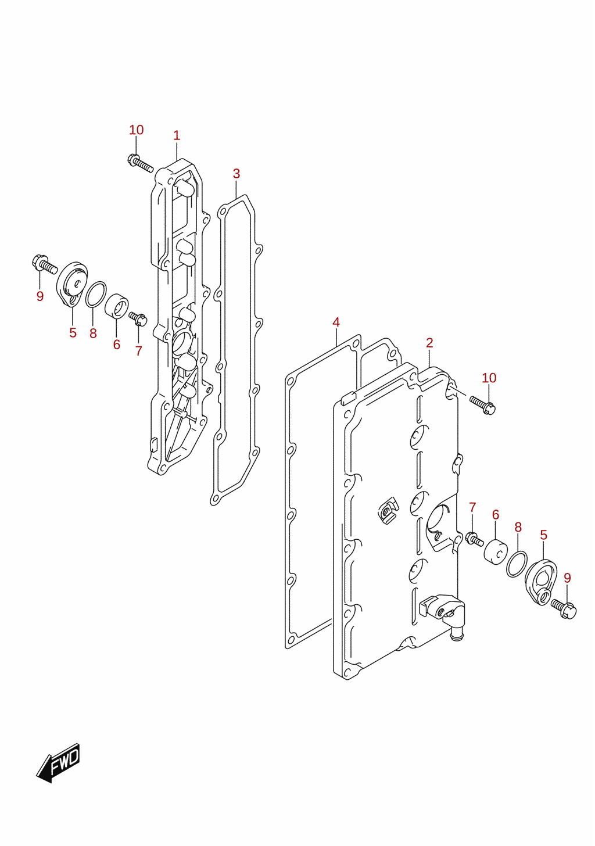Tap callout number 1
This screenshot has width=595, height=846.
click(177, 135)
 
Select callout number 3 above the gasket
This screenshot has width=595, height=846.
click(236, 174)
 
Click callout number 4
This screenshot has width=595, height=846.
click(336, 322)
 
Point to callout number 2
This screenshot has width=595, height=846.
click(429, 343)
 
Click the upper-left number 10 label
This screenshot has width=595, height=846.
click(137, 130)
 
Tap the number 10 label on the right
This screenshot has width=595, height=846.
click(489, 378)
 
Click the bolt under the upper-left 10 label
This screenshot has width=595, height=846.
click(140, 163)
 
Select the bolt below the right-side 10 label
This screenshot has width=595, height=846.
click(483, 405)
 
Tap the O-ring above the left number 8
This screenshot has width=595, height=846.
click(95, 295)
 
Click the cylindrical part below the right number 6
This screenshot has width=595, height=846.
click(495, 553)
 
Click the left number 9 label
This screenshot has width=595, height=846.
click(40, 296)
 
